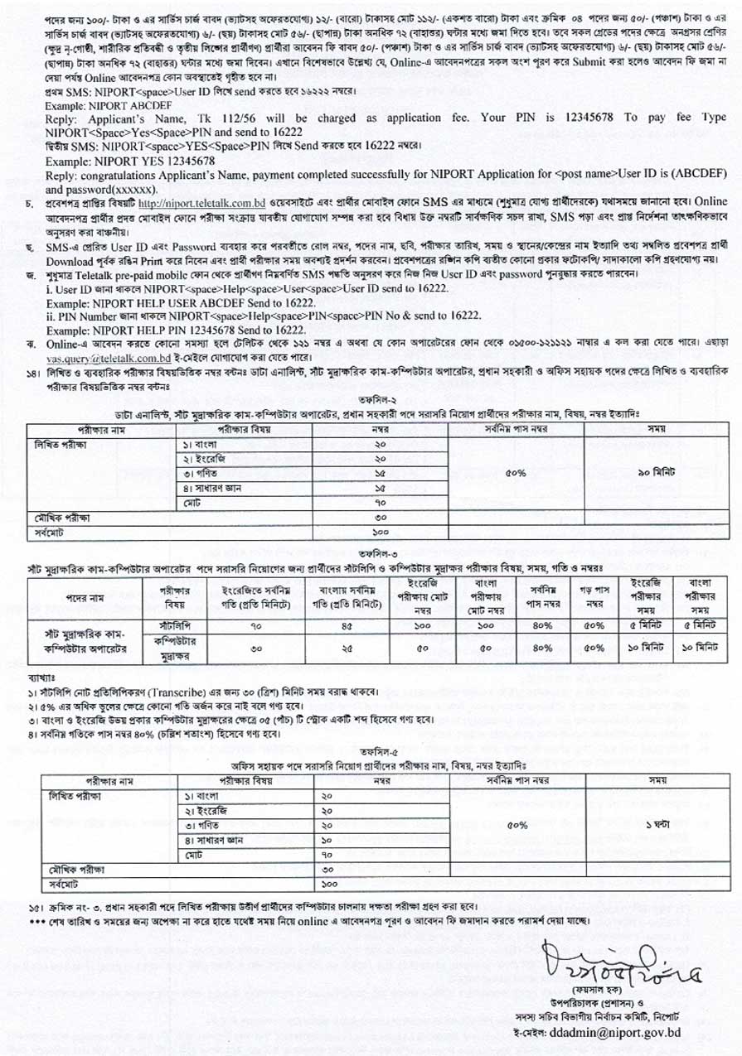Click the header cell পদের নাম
point(85,598)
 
